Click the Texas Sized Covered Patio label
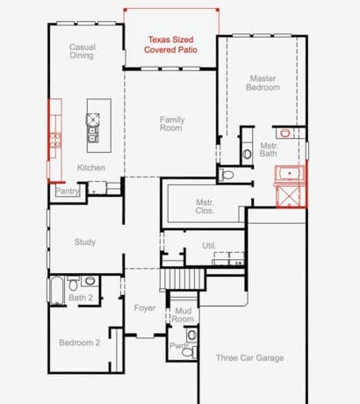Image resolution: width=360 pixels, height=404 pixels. (x=170, y=45)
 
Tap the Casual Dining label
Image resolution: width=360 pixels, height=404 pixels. (x=83, y=51)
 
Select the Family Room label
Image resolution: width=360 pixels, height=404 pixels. (x=172, y=124)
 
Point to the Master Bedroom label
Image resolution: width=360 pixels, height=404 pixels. (x=263, y=83)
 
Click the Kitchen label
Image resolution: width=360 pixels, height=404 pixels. (x=91, y=168)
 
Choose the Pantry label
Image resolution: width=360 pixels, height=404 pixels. (x=68, y=191)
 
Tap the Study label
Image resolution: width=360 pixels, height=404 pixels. (x=85, y=242)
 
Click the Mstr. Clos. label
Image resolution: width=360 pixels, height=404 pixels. (x=205, y=206)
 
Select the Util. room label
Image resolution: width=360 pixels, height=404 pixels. (x=209, y=245)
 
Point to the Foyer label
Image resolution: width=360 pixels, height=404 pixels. (x=145, y=307)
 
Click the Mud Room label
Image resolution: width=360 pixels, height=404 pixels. (x=183, y=314)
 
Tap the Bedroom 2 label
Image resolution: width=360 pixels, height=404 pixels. (x=80, y=343)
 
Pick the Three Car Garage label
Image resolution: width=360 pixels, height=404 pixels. (x=250, y=357)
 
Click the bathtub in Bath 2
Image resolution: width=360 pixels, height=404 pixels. (x=57, y=291)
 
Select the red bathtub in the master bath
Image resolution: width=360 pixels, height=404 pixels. (x=290, y=174)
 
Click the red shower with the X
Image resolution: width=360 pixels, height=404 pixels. (x=288, y=196)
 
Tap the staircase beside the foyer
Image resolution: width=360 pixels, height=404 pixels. (x=183, y=279)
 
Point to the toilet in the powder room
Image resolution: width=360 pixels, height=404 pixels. (x=187, y=352)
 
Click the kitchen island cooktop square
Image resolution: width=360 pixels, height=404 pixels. (x=93, y=119)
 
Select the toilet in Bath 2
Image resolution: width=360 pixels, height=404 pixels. (x=73, y=285)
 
